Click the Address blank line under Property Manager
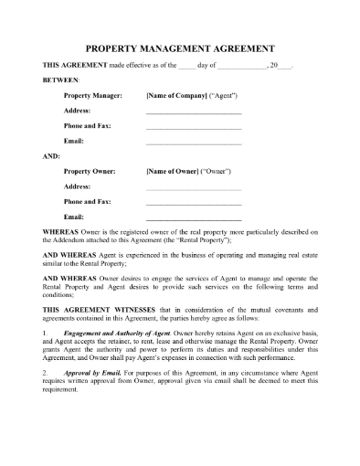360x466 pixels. pos(194,111)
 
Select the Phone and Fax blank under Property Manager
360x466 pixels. pos(194,128)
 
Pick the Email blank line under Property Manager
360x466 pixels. pos(194,143)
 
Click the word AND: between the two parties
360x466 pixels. pos(52,156)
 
